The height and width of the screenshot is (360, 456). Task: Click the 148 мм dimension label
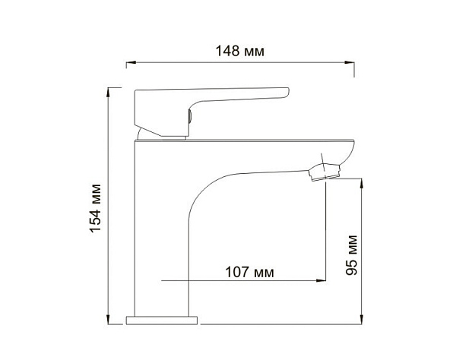[240, 52]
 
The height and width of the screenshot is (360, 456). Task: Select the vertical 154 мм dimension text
[95, 204]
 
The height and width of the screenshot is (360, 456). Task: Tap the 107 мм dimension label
[250, 271]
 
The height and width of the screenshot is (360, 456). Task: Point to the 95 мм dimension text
[352, 257]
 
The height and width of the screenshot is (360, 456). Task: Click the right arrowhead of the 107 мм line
[322, 281]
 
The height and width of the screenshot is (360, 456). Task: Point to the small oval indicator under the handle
[187, 118]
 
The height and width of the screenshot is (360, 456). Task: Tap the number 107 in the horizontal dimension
[238, 271]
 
